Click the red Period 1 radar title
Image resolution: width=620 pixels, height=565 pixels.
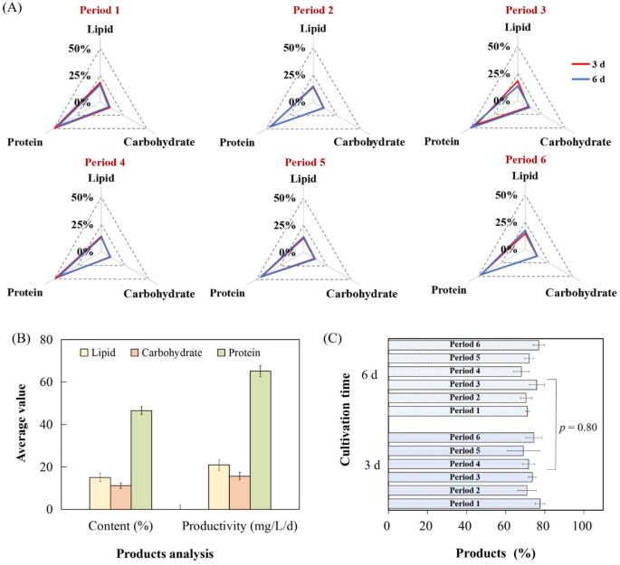(x=101, y=11)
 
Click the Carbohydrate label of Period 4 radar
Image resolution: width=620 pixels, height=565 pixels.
(x=159, y=293)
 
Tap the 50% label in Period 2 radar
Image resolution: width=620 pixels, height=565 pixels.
(x=293, y=48)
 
